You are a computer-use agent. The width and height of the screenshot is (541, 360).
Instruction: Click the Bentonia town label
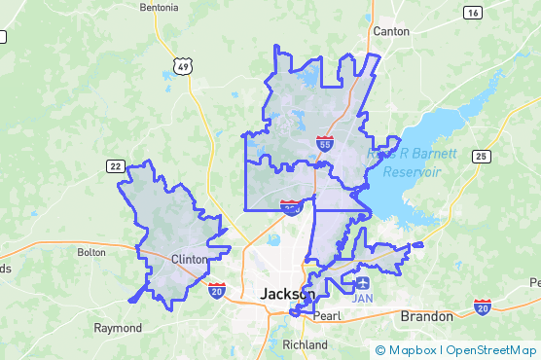pyautogui.click(x=159, y=7)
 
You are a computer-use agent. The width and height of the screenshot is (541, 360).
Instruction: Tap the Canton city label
pyautogui.click(x=391, y=31)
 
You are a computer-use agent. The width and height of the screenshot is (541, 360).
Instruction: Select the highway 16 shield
pyautogui.click(x=473, y=12)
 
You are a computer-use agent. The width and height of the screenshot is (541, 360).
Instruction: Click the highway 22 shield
pyautogui.click(x=115, y=166)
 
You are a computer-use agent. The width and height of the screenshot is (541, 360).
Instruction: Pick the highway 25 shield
pyautogui.click(x=481, y=156)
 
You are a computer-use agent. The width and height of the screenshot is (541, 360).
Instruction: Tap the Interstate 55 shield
pyautogui.click(x=324, y=143)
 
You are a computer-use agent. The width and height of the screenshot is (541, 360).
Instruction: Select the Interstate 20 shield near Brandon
pyautogui.click(x=483, y=307)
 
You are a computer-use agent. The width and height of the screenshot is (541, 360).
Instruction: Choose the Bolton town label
pyautogui.click(x=90, y=252)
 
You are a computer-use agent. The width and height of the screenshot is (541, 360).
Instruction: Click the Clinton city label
pyautogui.click(x=189, y=260)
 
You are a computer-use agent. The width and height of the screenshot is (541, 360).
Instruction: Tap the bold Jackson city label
pyautogui.click(x=287, y=293)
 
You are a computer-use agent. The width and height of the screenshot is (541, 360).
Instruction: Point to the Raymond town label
pyautogui.click(x=118, y=328)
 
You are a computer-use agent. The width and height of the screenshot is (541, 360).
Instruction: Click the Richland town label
pyautogui.click(x=305, y=344)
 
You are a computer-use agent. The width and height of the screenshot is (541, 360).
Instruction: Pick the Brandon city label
pyautogui.click(x=426, y=316)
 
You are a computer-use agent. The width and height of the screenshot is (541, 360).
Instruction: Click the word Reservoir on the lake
pyautogui.click(x=412, y=171)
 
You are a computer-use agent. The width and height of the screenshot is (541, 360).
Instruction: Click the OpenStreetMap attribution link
pyautogui.click(x=491, y=349)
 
